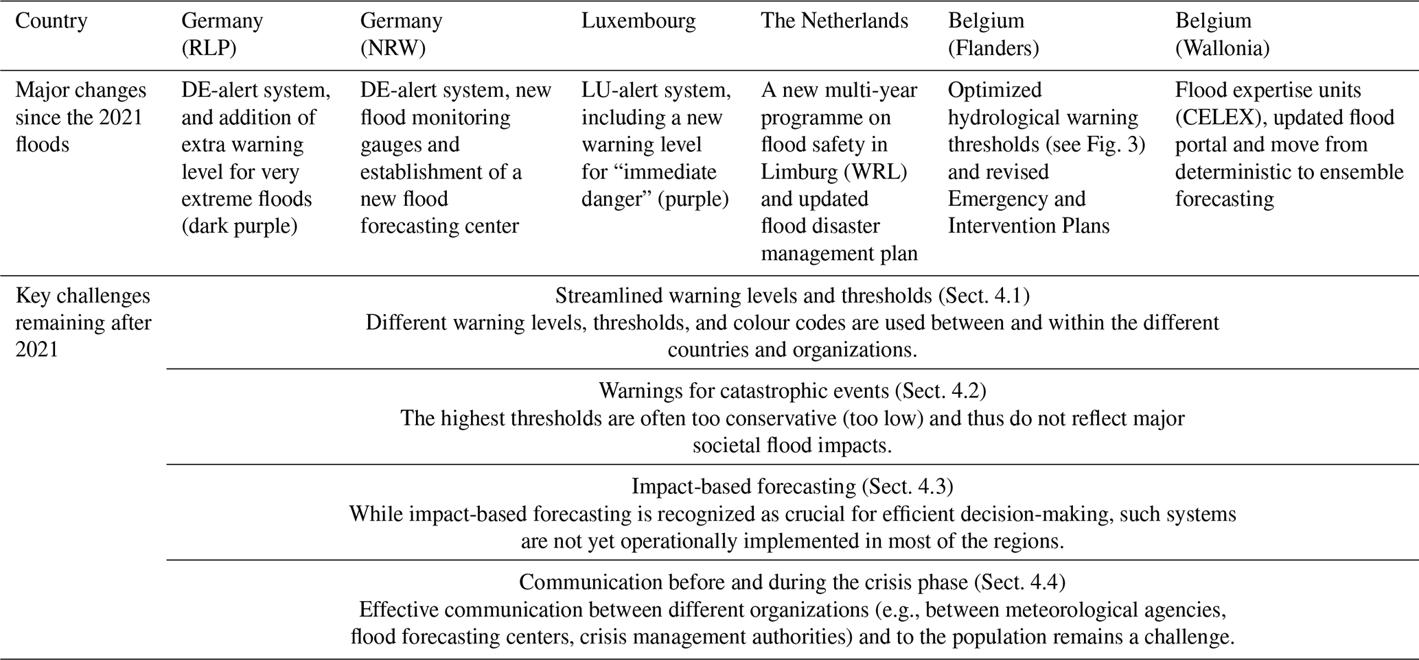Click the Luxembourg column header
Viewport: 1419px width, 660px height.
tap(638, 21)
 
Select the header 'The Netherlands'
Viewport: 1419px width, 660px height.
tap(834, 21)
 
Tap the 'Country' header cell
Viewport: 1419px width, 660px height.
tap(51, 21)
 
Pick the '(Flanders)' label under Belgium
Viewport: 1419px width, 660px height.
tap(993, 49)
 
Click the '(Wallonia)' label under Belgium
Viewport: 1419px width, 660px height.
tap(1222, 49)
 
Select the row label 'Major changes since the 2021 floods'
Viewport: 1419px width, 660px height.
tap(81, 117)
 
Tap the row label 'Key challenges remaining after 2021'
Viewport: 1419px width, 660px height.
tap(83, 322)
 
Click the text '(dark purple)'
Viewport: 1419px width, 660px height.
tap(240, 226)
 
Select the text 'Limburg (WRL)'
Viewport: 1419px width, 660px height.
tap(833, 172)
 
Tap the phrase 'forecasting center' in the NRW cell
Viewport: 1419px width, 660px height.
tap(439, 226)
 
